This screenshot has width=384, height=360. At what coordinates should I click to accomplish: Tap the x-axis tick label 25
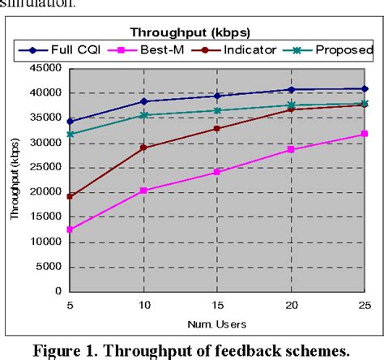point(364,304)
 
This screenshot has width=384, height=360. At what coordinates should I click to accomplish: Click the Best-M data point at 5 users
point(70,229)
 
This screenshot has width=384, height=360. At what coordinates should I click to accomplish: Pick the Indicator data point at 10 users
point(144,148)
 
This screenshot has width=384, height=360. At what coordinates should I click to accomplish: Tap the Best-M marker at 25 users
point(365,135)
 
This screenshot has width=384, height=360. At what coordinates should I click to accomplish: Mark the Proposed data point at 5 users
point(70,134)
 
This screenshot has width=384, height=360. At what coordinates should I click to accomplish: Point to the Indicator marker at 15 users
point(217,128)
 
